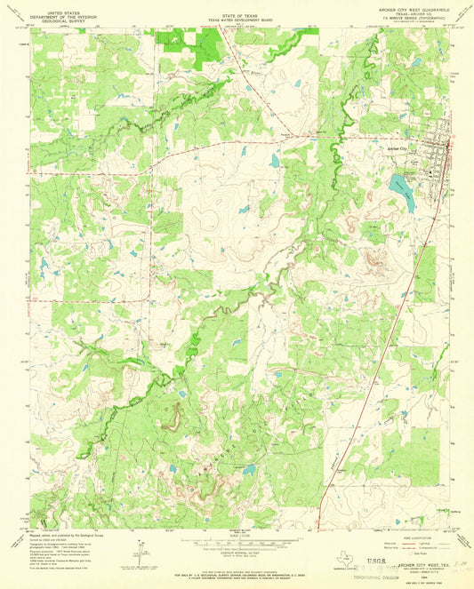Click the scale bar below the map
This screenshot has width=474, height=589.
tap(237, 540)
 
